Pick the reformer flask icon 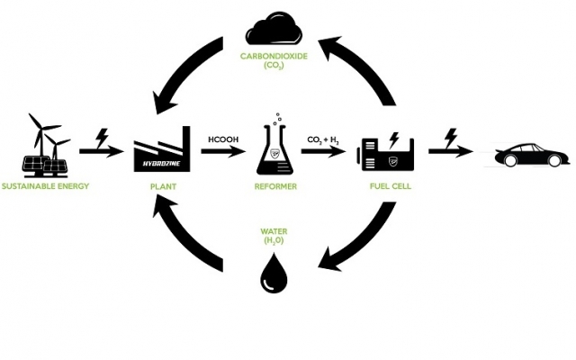pyautogui.click(x=275, y=148)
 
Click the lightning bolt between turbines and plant pyautogui.click(x=102, y=138)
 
